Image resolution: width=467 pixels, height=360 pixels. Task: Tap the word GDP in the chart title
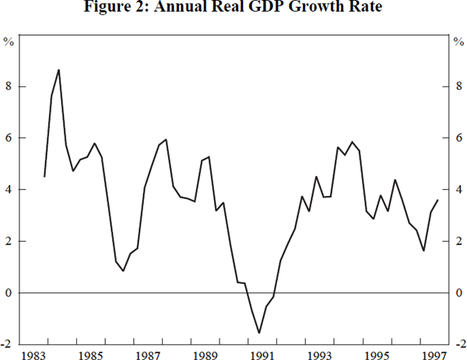click(252, 9)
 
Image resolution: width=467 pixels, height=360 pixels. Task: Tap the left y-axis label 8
click(10, 87)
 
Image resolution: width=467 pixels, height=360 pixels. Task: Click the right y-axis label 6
click(458, 138)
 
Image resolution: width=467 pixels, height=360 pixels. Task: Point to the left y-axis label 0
click(10, 293)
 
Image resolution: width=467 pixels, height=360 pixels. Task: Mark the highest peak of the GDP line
click(59, 70)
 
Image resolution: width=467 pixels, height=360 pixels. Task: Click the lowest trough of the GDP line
click(258, 333)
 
